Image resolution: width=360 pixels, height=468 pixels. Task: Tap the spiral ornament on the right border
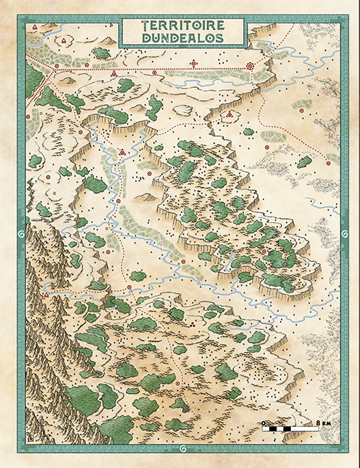[341, 234]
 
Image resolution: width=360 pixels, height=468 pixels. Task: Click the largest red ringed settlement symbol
[251, 66]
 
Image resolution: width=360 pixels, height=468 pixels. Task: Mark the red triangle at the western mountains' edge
[45, 295]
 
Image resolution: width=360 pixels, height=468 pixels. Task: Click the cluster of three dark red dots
[193, 325]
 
